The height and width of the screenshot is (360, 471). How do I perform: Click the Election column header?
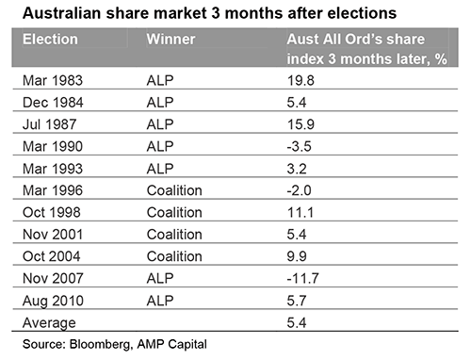pyautogui.click(x=50, y=40)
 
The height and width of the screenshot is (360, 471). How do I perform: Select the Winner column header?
pyautogui.click(x=171, y=40)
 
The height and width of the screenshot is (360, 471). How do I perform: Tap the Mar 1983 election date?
pyautogui.click(x=53, y=80)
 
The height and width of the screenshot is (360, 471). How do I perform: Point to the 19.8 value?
pyautogui.click(x=300, y=80)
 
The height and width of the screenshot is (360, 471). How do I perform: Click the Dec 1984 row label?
pyautogui.click(x=53, y=103)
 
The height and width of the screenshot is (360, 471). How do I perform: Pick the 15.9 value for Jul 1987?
pyautogui.click(x=300, y=124)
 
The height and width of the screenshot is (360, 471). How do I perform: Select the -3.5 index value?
pyautogui.click(x=299, y=146)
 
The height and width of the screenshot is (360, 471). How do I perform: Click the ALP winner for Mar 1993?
pyautogui.click(x=160, y=169)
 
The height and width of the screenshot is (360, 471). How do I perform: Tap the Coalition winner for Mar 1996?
pyautogui.click(x=174, y=190)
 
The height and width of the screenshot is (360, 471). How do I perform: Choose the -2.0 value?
pyautogui.click(x=299, y=190)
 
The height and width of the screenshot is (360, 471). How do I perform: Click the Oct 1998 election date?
pyautogui.click(x=52, y=212)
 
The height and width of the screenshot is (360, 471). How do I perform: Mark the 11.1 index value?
pyautogui.click(x=300, y=212)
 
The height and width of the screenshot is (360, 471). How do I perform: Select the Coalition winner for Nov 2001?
pyautogui.click(x=174, y=235)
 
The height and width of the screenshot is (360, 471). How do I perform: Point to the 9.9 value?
pyautogui.click(x=297, y=256)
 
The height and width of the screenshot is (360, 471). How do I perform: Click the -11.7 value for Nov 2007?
pyautogui.click(x=302, y=278)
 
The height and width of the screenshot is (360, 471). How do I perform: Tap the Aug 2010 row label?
pyautogui.click(x=53, y=301)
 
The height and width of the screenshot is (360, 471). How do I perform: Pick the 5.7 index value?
pyautogui.click(x=297, y=301)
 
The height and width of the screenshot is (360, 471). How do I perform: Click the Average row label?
pyautogui.click(x=49, y=323)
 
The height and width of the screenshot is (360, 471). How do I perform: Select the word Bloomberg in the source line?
pyautogui.click(x=100, y=344)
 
